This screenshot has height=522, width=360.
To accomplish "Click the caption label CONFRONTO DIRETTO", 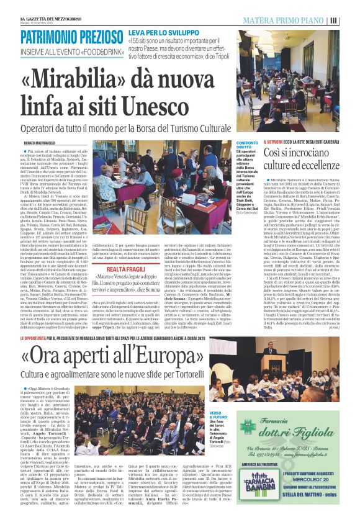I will (247, 146).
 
